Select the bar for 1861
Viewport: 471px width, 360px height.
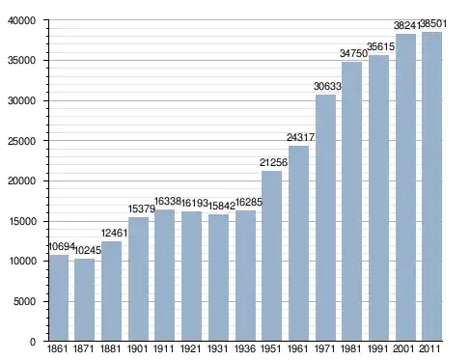pos(59,298)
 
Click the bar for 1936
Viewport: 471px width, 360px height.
pos(245,276)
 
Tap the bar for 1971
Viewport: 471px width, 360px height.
pos(325,218)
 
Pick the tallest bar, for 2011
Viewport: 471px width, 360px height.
pos(431,186)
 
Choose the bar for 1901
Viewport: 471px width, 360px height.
pos(138,279)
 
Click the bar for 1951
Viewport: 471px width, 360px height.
pos(271,256)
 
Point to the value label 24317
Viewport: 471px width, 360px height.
pos(300,137)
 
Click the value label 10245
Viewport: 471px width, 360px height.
pos(88,250)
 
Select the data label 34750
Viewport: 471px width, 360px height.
pos(353,53)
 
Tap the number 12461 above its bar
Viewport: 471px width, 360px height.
pos(114,233)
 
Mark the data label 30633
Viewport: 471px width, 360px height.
pos(327,86)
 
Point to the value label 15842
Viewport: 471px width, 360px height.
pos(222,206)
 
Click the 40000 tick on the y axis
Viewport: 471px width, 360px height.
pos(21,21)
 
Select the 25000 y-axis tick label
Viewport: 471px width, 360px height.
pos(21,141)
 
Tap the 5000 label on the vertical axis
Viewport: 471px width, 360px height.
pos(24,301)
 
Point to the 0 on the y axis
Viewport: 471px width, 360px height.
pos(33,342)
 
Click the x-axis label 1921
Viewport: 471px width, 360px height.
pos(190,348)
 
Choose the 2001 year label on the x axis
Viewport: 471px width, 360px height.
pos(403,348)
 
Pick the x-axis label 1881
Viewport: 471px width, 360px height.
pos(110,348)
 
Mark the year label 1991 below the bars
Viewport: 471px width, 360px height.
pos(377,348)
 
